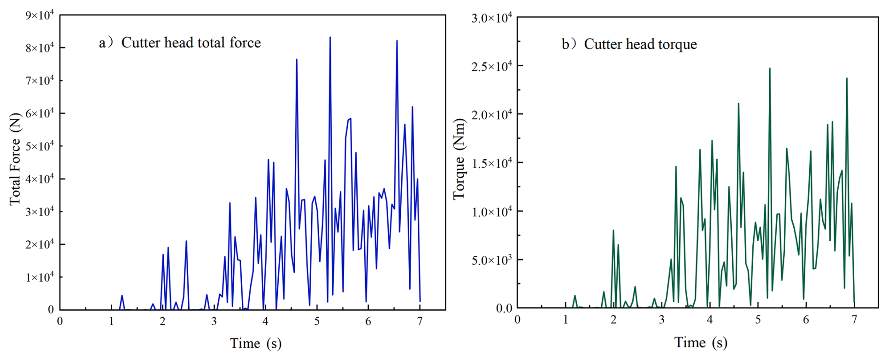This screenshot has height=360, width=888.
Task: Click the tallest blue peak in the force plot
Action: tap(330, 38)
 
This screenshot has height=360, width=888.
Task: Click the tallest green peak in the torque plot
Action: tap(770, 69)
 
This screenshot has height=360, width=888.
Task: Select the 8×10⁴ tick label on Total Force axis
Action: tap(39, 47)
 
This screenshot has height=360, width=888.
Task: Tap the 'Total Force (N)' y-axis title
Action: tap(15, 159)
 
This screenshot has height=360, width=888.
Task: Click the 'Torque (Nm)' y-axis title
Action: tap(459, 159)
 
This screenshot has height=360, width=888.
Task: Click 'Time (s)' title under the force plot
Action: tap(255, 344)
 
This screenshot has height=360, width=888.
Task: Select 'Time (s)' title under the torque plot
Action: tap(700, 343)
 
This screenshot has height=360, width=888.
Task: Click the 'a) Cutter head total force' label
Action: tap(180, 43)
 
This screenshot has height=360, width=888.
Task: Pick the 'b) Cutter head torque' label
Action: tap(629, 44)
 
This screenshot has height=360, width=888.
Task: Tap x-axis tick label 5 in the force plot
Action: tap(317, 322)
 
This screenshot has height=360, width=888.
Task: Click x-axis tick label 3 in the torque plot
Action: tap(661, 320)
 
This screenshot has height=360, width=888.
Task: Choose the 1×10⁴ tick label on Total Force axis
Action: tap(39, 276)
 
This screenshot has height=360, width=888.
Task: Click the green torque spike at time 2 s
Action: tap(613, 231)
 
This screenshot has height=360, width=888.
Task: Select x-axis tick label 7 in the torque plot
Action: tap(854, 320)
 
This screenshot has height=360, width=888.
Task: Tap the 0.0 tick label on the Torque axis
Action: tap(504, 308)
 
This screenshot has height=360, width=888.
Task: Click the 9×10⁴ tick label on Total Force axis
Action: tap(39, 15)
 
